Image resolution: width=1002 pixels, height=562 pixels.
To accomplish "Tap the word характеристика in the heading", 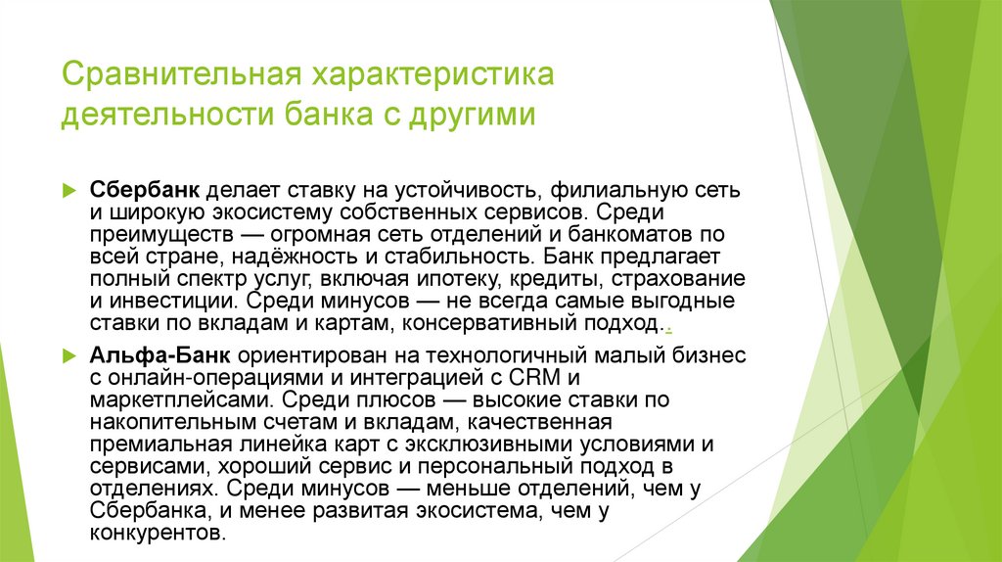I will [433, 75].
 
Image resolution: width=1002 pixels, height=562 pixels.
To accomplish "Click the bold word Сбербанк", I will [131, 188].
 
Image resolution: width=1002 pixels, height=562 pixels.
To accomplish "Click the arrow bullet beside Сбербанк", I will [68, 188].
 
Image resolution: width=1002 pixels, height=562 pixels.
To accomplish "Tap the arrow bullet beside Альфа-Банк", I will [68, 352].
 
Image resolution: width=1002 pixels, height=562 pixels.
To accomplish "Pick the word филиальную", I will [605, 188].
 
